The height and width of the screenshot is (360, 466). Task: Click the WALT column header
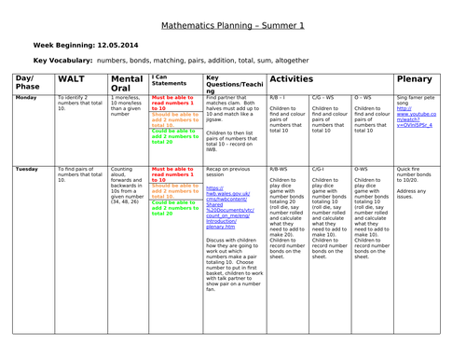pos(75,82)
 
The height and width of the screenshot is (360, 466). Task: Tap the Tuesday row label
pos(27,169)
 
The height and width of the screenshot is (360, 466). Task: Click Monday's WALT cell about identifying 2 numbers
pos(79,103)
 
